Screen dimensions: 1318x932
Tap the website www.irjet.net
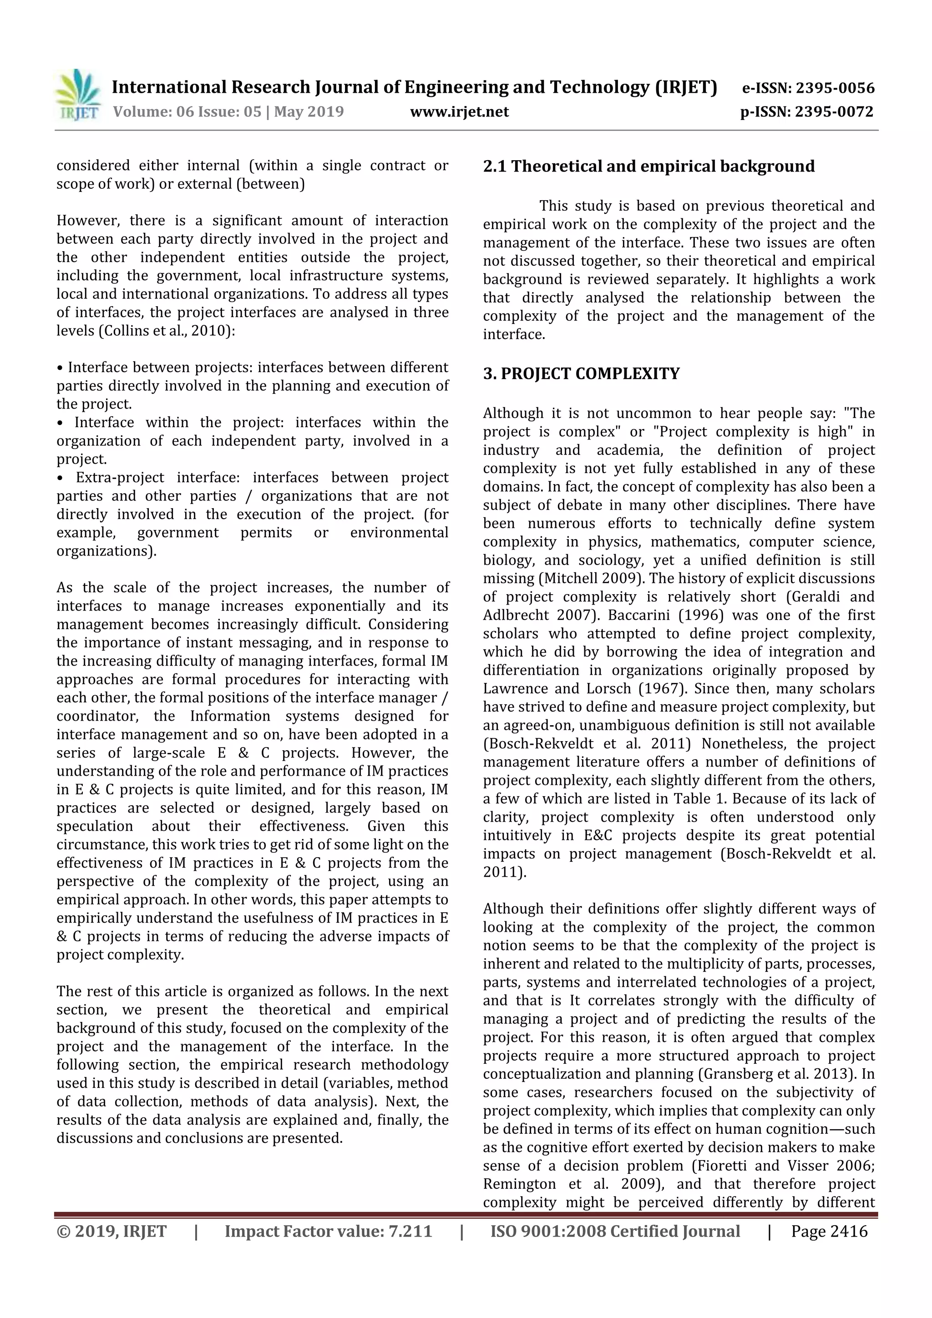pos(459,111)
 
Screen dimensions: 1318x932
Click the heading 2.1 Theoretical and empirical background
pos(648,167)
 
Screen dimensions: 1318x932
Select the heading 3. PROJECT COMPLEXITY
pos(581,374)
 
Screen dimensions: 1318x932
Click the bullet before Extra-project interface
pos(60,478)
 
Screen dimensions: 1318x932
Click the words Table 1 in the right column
pos(700,798)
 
